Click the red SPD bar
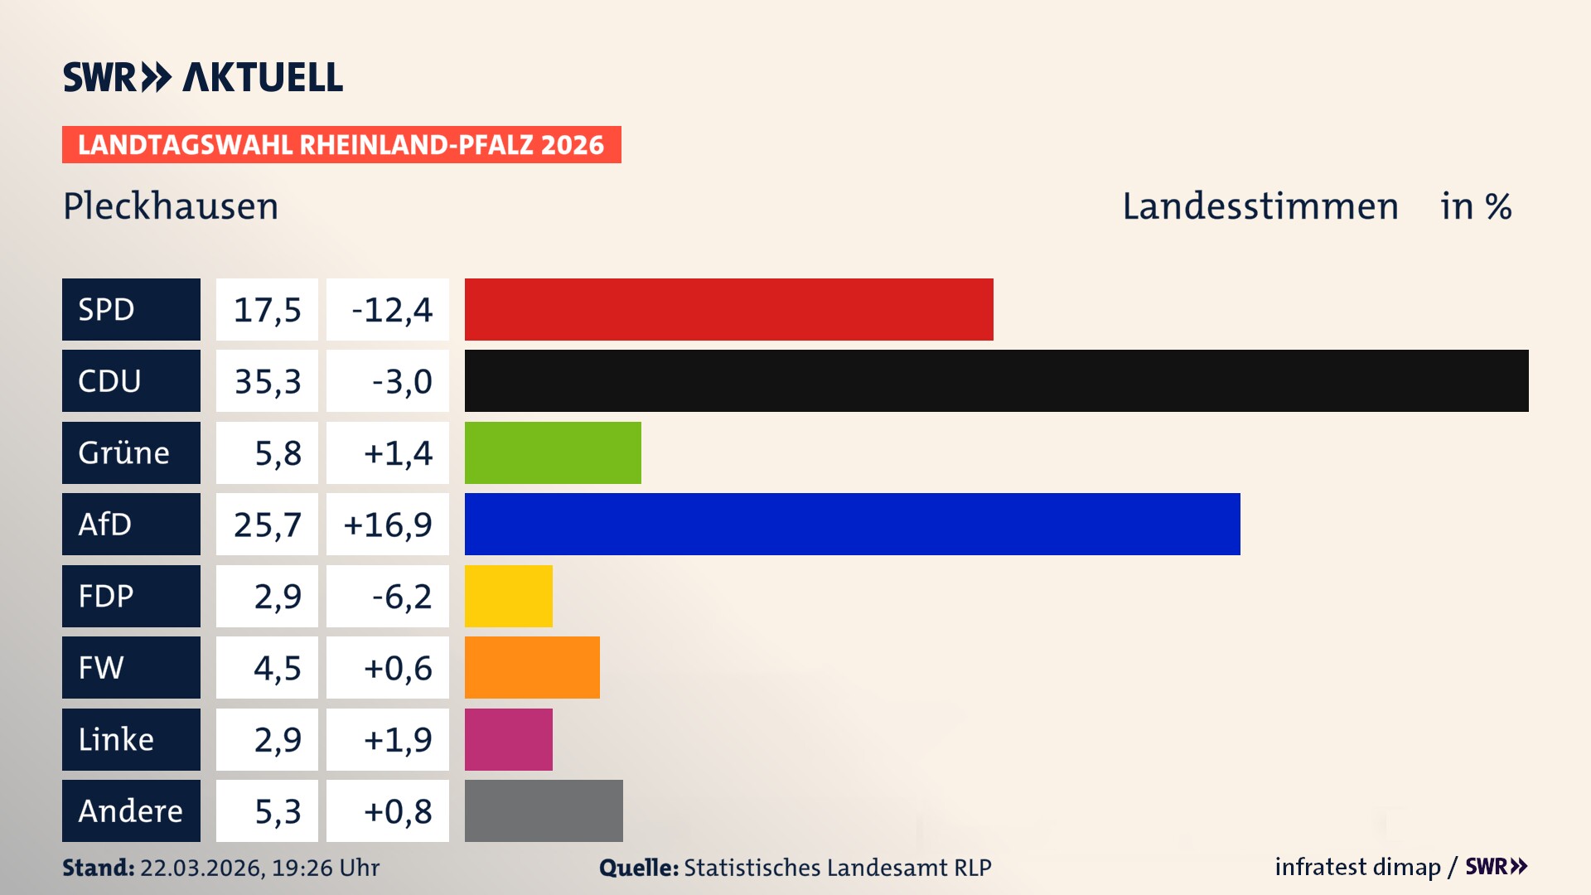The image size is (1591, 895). tap(728, 309)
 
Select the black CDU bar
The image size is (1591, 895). tap(996, 380)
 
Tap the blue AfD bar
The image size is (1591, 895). tap(852, 524)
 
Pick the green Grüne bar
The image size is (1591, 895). tap(553, 452)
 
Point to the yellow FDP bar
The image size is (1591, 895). tap(508, 596)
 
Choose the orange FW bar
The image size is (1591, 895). tap(532, 667)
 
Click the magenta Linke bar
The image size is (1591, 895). tap(508, 739)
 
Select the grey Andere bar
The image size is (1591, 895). tap(544, 810)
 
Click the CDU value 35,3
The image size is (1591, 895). tap(267, 381)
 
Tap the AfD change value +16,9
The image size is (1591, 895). tap(388, 525)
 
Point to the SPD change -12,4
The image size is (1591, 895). tap(391, 310)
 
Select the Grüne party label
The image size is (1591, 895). tap(124, 452)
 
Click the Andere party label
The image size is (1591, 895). tap(130, 810)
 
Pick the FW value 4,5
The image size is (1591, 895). tap(277, 668)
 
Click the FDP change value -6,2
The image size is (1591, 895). tap(401, 597)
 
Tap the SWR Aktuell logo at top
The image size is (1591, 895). tap(203, 77)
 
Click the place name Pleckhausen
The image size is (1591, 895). tap(171, 206)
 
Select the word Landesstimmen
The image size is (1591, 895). tap(1260, 206)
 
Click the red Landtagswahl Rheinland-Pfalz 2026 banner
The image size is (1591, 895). tap(341, 145)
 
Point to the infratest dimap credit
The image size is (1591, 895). tap(1357, 867)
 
